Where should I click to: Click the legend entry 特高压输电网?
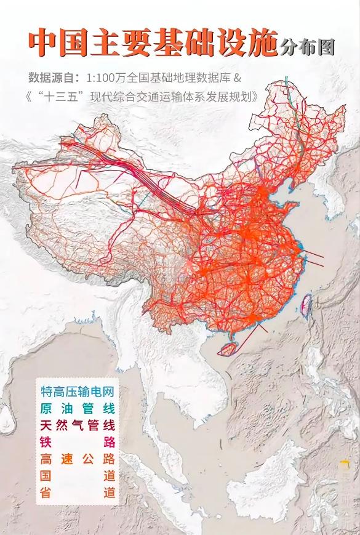(78, 392)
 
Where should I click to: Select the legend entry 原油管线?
(78, 408)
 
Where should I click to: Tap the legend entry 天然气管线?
(78, 425)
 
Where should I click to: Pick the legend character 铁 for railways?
(46, 442)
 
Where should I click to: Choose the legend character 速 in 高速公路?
(68, 459)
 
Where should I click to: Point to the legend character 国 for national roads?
(46, 476)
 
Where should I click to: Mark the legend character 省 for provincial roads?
(46, 493)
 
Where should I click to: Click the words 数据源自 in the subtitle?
(50, 78)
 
